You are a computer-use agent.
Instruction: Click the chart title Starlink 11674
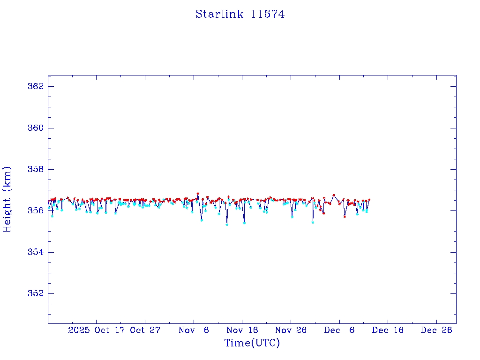pyautogui.click(x=240, y=14)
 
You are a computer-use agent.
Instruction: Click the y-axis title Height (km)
pyautogui.click(x=7, y=199)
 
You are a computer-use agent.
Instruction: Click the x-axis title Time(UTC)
pyautogui.click(x=252, y=343)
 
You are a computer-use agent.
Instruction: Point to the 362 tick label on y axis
pyautogui.click(x=36, y=87)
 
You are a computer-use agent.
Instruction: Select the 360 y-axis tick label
pyautogui.click(x=36, y=128)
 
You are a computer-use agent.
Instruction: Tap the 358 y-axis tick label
pyautogui.click(x=36, y=169)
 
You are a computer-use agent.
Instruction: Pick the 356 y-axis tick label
pyautogui.click(x=36, y=210)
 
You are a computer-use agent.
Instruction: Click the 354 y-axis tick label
pyautogui.click(x=36, y=252)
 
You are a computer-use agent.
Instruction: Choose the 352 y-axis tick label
pyautogui.click(x=36, y=293)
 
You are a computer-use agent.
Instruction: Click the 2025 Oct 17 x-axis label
pyautogui.click(x=97, y=330)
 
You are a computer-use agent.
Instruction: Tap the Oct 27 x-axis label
pyautogui.click(x=145, y=330)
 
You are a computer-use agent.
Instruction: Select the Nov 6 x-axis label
pyautogui.click(x=194, y=330)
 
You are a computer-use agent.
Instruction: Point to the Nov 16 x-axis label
pyautogui.click(x=242, y=330)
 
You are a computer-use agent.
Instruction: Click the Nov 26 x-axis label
pyautogui.click(x=291, y=330)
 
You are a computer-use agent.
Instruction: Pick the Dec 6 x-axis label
pyautogui.click(x=339, y=330)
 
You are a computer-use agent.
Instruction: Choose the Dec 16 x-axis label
pyautogui.click(x=388, y=330)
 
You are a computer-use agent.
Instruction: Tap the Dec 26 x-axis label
pyautogui.click(x=436, y=330)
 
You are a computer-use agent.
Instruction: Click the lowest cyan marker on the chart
pyautogui.click(x=227, y=225)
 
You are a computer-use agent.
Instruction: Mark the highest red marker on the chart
pyautogui.click(x=198, y=193)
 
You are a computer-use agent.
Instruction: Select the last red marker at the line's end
pyautogui.click(x=369, y=200)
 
